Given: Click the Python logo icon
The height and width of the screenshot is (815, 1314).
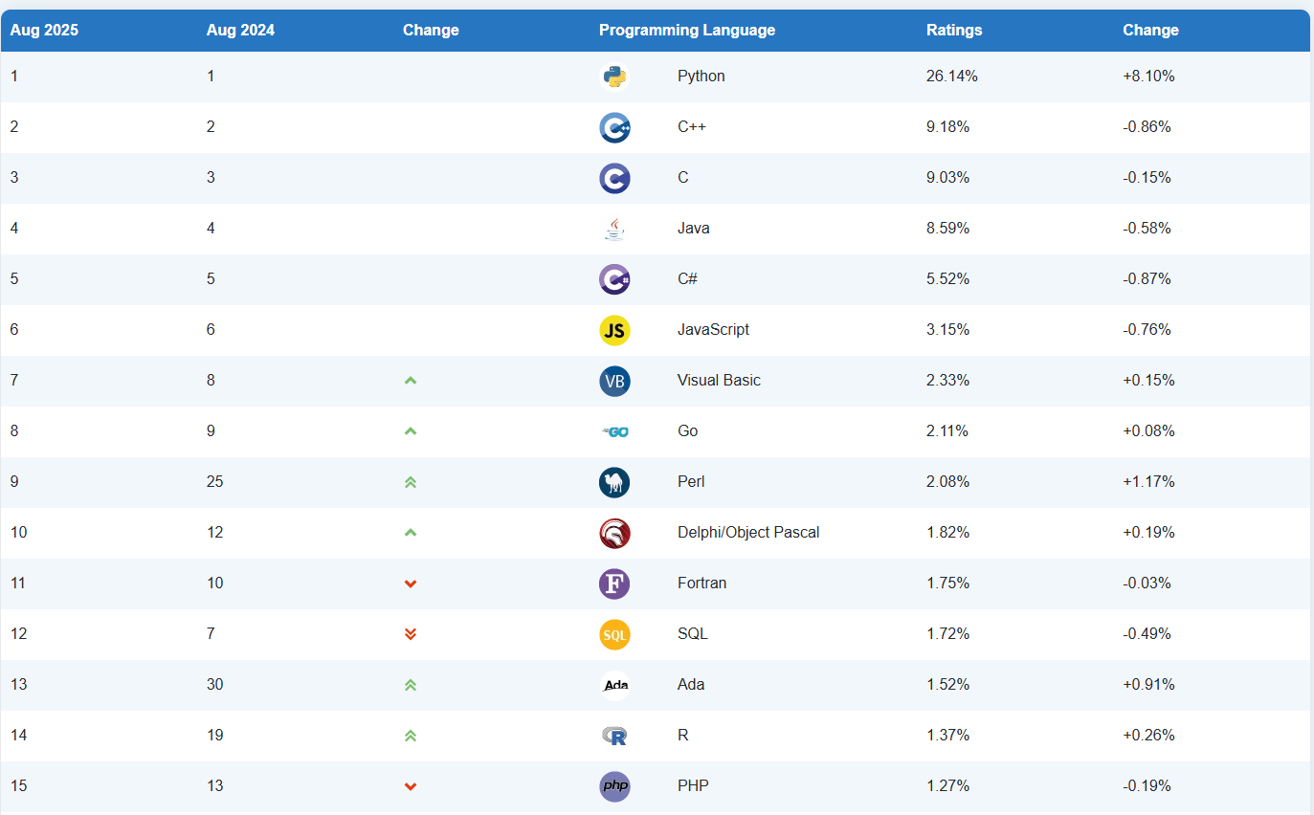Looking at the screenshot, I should pos(614,77).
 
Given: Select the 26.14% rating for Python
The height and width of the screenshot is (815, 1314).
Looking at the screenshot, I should pos(951,77).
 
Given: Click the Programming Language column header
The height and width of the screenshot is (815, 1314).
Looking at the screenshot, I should pos(686,31).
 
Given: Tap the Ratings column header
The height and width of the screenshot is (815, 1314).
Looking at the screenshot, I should pos(953,31).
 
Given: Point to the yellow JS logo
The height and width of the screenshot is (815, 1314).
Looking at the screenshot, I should pos(614,330).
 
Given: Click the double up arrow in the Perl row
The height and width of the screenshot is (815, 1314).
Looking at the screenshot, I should pos(411,482).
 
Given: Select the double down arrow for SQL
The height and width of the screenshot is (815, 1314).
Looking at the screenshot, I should pos(411,634).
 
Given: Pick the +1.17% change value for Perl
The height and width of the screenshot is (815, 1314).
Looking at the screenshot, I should pos(1147,482).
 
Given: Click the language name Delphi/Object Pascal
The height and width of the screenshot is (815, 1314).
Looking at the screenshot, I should pos(747,533).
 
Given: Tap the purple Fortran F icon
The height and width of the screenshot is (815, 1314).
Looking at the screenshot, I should pos(614,584).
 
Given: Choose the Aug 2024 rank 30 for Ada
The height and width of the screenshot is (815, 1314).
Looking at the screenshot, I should pos(215,685).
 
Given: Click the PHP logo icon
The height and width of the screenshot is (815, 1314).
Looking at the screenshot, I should pos(614,786).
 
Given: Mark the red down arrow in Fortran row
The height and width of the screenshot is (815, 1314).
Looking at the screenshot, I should pos(411,584).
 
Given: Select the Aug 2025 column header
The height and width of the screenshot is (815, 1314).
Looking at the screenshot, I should pos(44,31).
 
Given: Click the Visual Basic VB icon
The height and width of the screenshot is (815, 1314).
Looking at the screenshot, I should pos(614,381).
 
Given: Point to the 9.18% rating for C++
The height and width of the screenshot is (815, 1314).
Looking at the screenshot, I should pos(947,127).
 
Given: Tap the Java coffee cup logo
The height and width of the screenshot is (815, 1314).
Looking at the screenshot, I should pos(614,229).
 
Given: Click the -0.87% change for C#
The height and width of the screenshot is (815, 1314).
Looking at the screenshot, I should pos(1147,279).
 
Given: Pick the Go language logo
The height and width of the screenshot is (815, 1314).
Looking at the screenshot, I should pos(614,431).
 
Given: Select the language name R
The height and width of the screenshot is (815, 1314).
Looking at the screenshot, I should pos(682,736).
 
